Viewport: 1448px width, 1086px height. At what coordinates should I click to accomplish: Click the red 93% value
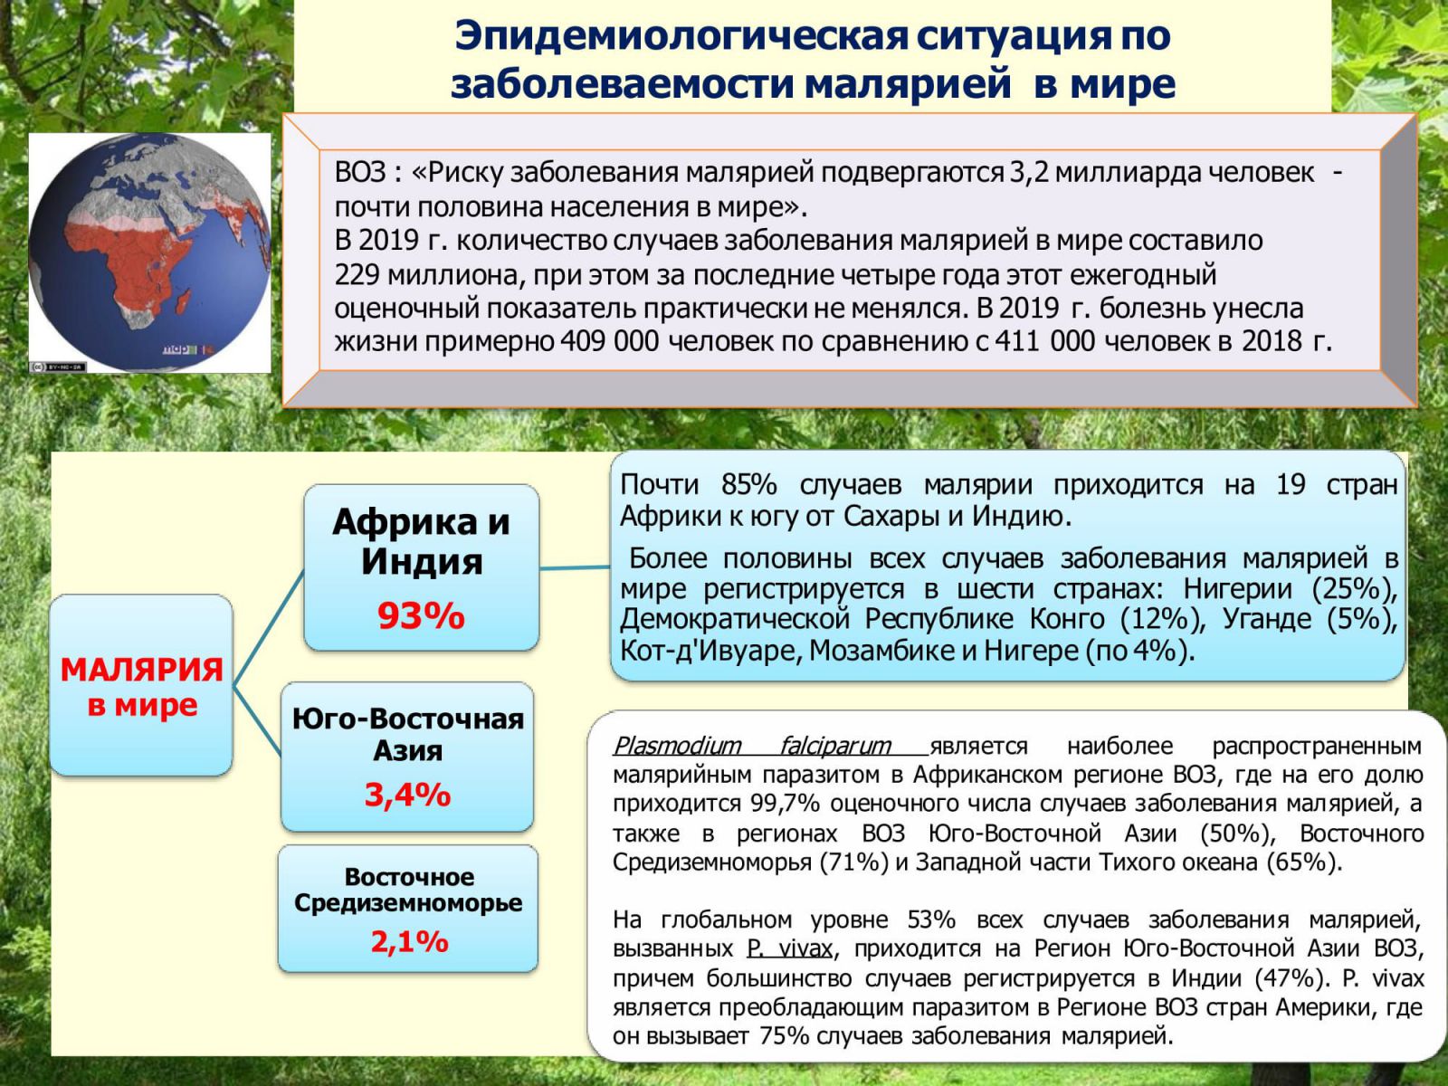click(421, 616)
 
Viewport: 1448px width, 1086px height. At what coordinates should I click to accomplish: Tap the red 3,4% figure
click(407, 795)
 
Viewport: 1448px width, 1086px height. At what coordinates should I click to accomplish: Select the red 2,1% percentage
click(409, 941)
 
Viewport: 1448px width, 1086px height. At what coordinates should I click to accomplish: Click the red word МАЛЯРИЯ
click(142, 670)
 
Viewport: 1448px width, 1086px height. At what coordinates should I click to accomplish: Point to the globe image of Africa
click(149, 252)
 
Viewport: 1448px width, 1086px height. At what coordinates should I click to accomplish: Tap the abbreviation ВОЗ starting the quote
click(360, 172)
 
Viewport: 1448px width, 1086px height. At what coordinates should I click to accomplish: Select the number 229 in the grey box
click(357, 274)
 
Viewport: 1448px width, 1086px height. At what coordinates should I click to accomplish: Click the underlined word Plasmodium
click(678, 746)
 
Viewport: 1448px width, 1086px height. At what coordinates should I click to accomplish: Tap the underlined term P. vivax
click(790, 948)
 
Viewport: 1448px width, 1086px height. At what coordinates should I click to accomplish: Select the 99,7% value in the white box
click(786, 804)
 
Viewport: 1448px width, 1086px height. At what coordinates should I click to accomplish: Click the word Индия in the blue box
click(422, 562)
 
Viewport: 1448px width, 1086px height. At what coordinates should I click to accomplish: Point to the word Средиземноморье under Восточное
click(408, 902)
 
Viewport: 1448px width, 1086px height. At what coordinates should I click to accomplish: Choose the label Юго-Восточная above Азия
click(407, 719)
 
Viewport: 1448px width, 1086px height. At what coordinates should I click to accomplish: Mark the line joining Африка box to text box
click(575, 567)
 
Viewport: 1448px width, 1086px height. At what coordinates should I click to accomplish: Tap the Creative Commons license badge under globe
click(58, 367)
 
